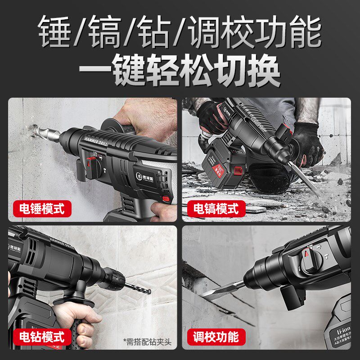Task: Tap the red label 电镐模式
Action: tap(216, 209)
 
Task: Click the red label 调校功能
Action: tap(216, 336)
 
